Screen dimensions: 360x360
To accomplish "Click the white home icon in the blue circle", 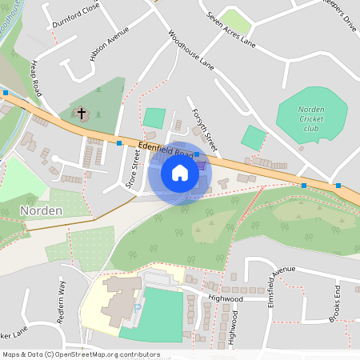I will click(x=180, y=172).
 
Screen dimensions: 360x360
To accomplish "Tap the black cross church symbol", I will click(x=81, y=114).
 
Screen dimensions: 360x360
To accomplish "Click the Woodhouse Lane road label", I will click(x=191, y=50).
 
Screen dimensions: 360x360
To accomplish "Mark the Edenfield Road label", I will click(x=166, y=150).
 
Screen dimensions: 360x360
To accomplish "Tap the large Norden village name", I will click(x=37, y=211).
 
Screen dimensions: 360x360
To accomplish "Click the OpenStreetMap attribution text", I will click(x=81, y=354).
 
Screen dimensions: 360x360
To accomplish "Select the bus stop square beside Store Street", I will click(x=119, y=142).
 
